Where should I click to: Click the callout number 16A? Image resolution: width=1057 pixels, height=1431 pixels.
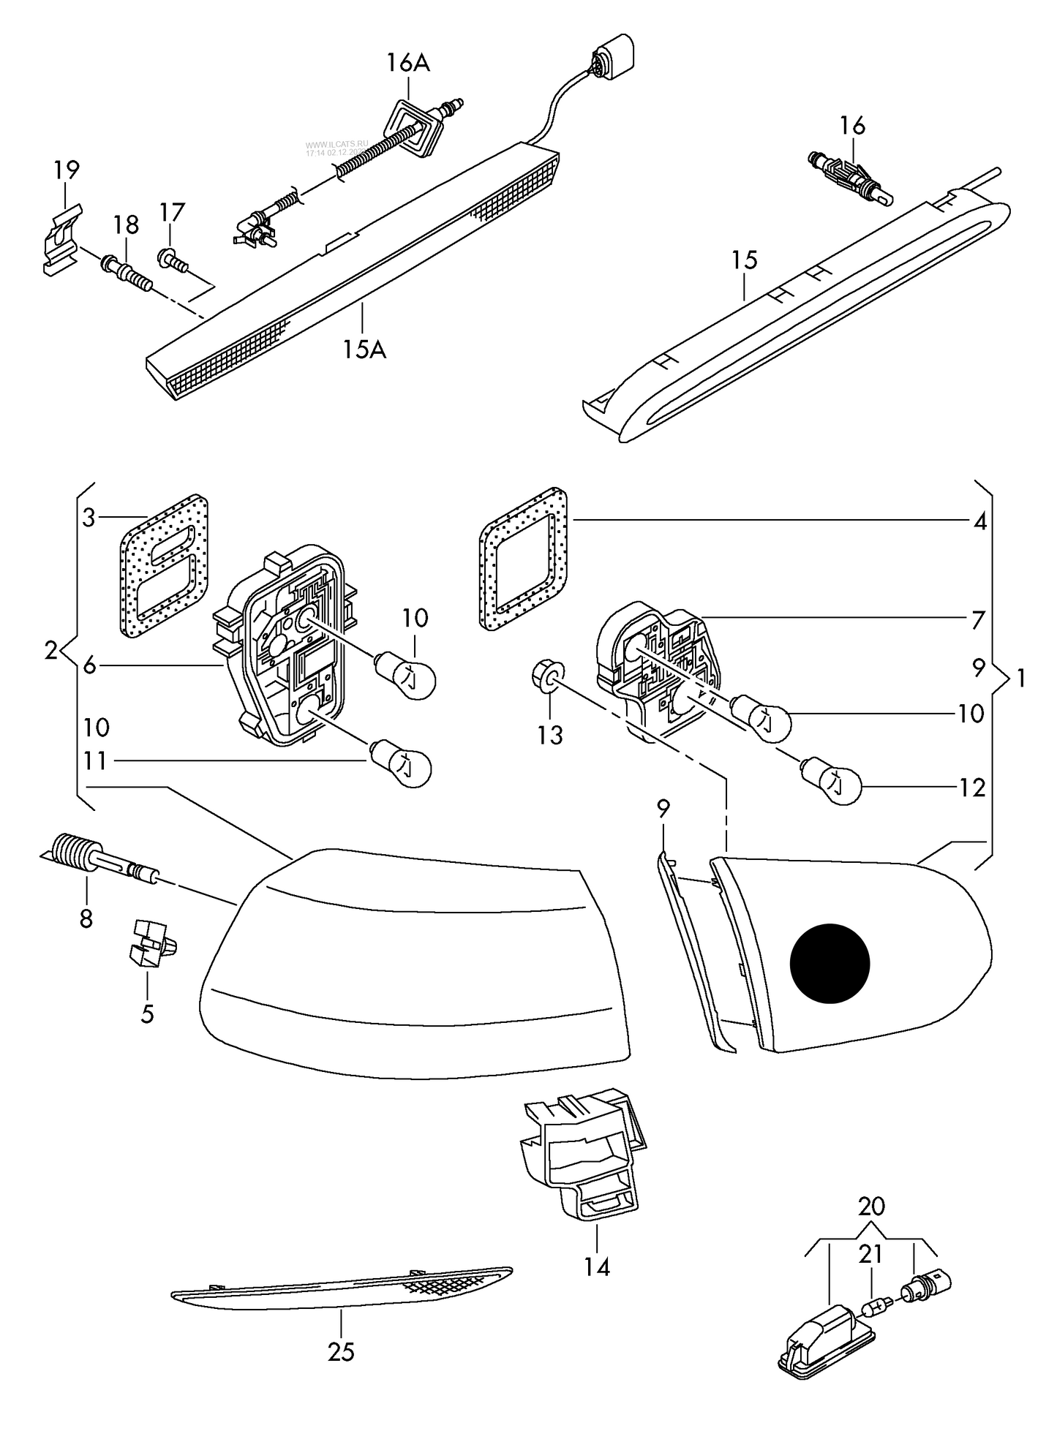pyautogui.click(x=408, y=64)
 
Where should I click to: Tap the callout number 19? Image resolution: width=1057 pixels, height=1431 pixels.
pyautogui.click(x=66, y=170)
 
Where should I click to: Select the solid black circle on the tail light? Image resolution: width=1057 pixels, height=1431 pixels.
pyautogui.click(x=830, y=961)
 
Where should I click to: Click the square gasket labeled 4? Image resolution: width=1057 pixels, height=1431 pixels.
pyautogui.click(x=524, y=559)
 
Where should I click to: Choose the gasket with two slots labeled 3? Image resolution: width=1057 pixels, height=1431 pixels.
pyautogui.click(x=163, y=564)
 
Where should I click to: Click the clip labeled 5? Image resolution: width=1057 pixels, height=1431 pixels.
pyautogui.click(x=151, y=945)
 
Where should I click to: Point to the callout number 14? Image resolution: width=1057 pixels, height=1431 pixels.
pyautogui.click(x=597, y=1266)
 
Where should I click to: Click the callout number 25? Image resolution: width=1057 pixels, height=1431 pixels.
pyautogui.click(x=341, y=1352)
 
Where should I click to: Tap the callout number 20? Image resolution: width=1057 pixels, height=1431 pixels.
pyautogui.click(x=870, y=1206)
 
